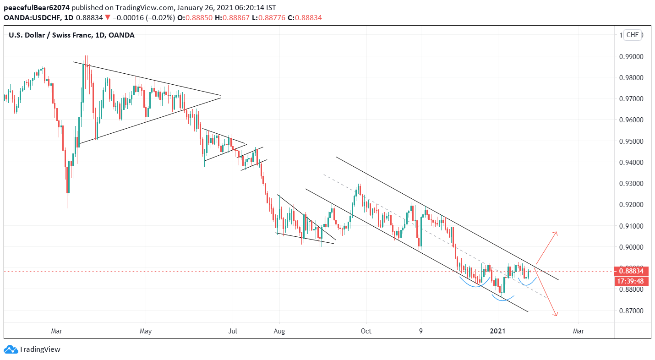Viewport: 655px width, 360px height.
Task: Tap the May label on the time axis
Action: [x=146, y=330]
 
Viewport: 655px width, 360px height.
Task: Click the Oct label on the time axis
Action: [x=366, y=330]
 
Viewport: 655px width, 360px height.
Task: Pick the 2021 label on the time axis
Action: [x=498, y=330]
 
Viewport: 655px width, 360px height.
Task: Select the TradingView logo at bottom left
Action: [x=32, y=349]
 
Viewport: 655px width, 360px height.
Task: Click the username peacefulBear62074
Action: [x=37, y=7]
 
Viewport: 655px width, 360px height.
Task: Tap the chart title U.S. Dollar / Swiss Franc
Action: [x=50, y=35]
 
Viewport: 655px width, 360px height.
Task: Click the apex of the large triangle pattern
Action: [x=220, y=97]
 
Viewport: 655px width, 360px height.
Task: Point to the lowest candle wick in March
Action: [x=67, y=207]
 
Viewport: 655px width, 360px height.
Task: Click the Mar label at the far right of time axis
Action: [x=579, y=330]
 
